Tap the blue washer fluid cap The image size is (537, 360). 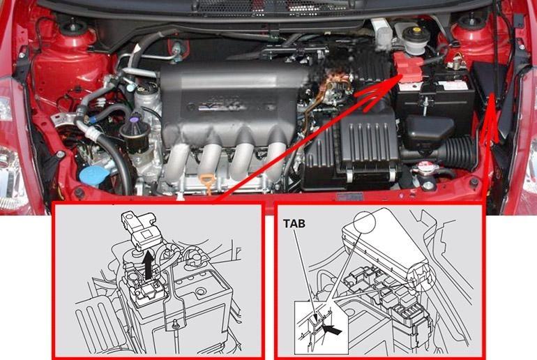(x=93, y=174)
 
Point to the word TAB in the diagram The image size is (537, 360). (x=294, y=224)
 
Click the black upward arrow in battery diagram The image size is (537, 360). (x=148, y=264)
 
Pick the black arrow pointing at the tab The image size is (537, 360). (x=332, y=330)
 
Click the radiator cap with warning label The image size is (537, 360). (x=424, y=170)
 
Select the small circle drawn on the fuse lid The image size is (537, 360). (x=365, y=223)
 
